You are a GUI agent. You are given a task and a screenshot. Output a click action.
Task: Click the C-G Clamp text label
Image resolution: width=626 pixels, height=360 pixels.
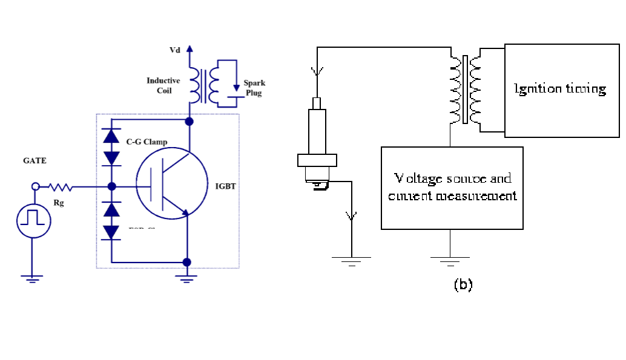pos(147,142)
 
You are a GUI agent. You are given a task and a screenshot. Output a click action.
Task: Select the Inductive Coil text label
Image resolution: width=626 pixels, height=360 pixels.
pos(163,85)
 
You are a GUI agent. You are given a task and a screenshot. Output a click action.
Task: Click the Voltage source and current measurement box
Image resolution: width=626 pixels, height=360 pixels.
pos(452,188)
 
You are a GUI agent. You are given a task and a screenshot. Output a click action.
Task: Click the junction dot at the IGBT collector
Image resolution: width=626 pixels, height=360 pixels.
pos(189,122)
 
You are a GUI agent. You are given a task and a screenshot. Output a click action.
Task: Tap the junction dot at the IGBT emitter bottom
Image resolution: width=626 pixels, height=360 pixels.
pos(186,262)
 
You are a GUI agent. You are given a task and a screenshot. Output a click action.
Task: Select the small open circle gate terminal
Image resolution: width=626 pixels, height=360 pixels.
pos(35,187)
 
